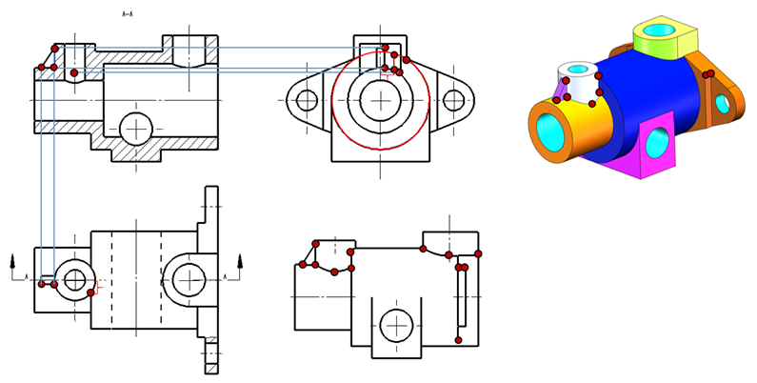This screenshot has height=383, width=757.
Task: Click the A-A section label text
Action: [127, 14]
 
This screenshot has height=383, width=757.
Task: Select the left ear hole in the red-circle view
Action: [308, 99]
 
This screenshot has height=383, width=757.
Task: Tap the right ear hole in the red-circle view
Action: [454, 99]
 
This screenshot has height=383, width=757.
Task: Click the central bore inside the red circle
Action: [381, 99]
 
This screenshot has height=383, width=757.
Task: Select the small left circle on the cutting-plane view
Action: [71, 279]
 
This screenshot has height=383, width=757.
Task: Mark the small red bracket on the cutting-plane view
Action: [97, 284]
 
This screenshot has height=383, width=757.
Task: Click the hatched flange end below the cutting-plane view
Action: [210, 358]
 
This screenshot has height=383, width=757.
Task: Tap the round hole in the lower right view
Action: [392, 326]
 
